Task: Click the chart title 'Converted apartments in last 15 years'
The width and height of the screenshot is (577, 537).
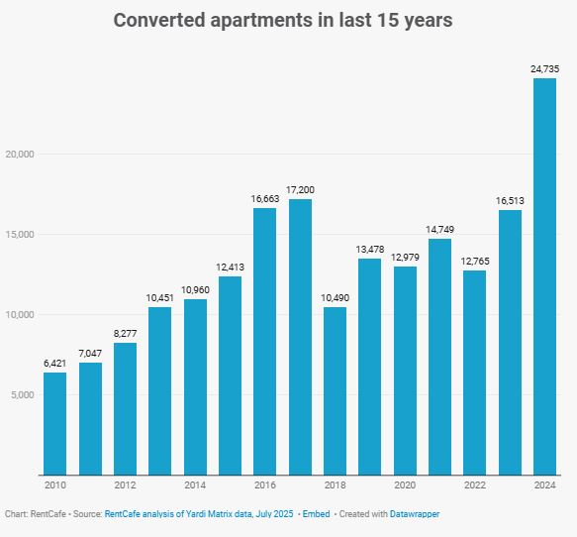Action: click(x=283, y=21)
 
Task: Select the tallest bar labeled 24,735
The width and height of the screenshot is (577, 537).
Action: click(x=544, y=276)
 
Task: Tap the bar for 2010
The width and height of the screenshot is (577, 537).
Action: click(x=54, y=423)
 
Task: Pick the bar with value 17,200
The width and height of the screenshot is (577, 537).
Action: click(x=300, y=337)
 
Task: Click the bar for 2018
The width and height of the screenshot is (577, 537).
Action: click(x=335, y=390)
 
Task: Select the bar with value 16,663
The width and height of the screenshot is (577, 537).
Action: click(x=264, y=341)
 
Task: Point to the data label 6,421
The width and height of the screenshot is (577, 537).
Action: click(x=54, y=364)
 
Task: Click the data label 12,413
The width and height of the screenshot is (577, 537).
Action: click(x=230, y=267)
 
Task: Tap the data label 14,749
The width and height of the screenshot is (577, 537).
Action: click(x=439, y=230)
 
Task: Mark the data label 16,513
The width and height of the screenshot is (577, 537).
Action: click(x=510, y=200)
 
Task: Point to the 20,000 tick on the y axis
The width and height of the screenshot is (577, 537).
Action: click(x=20, y=155)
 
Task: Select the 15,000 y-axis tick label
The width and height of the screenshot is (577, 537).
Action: click(x=20, y=235)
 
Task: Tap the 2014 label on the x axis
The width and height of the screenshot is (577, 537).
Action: click(x=195, y=485)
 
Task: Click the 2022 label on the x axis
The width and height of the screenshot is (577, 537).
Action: click(x=474, y=485)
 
